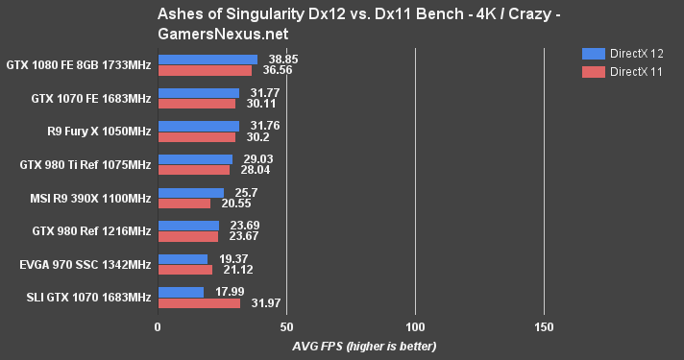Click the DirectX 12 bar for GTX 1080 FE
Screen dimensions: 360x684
point(208,60)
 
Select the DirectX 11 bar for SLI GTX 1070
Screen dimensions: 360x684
point(199,303)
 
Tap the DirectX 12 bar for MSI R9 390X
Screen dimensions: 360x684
point(190,193)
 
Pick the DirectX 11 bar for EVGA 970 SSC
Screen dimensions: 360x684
point(184,270)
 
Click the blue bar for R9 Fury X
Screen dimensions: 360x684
point(198,126)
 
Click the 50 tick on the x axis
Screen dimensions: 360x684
point(286,327)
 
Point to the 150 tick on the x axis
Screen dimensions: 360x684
point(544,327)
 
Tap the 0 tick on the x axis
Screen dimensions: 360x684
point(158,327)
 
